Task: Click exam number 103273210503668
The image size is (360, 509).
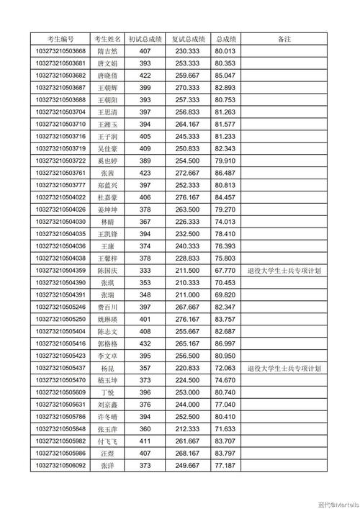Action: (60, 51)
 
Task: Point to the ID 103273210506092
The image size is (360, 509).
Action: (60, 466)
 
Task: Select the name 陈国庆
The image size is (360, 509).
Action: (107, 271)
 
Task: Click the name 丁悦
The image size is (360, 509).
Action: (107, 392)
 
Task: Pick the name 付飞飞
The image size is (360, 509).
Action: (107, 441)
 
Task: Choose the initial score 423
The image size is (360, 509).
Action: (145, 173)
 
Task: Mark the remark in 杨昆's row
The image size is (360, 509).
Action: (284, 368)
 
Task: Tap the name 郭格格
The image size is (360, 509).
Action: (107, 343)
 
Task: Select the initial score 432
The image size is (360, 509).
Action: (145, 343)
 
